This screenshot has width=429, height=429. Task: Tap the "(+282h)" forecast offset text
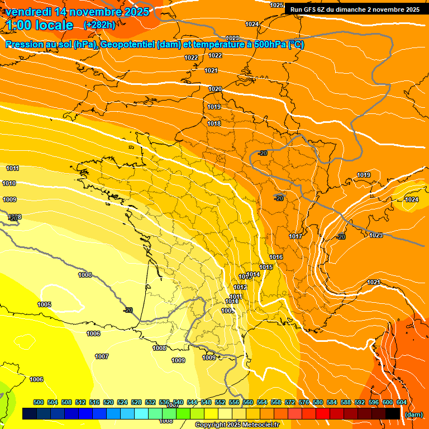(x=99, y=25)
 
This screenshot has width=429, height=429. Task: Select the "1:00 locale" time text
(x=40, y=25)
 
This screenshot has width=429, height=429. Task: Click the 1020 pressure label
(x=215, y=89)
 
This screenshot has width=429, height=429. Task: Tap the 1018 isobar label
(x=214, y=123)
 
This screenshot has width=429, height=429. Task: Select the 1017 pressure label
(x=295, y=237)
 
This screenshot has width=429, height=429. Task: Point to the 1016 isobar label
(x=276, y=257)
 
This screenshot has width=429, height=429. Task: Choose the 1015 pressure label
(x=266, y=268)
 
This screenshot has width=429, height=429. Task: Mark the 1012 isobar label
(x=240, y=287)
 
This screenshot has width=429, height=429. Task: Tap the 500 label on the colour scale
(x=39, y=402)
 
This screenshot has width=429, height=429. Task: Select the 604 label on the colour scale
(x=402, y=402)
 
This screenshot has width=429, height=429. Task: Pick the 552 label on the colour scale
(x=220, y=402)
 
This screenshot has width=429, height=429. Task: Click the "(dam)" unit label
(x=413, y=414)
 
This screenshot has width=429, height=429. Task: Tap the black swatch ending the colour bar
(x=393, y=414)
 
